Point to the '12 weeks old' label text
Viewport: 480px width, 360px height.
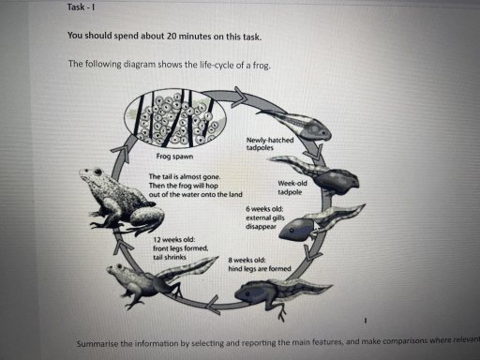171,240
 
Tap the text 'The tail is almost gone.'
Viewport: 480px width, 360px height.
184,176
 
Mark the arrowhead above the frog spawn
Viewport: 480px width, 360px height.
240,94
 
